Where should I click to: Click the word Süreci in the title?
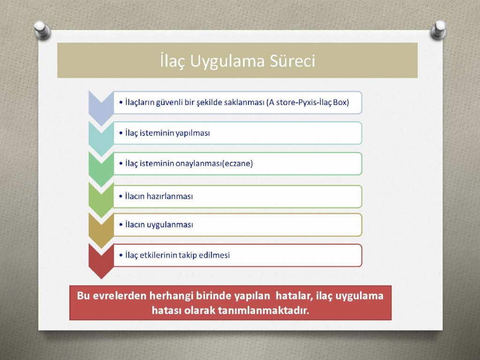coord(292,60)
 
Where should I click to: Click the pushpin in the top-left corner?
coord(42,30)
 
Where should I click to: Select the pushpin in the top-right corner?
coord(438,30)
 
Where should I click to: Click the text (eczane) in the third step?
coord(237,164)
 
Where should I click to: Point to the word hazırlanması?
coord(170,196)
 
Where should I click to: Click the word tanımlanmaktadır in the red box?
coord(263,310)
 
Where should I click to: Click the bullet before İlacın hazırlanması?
coord(121,196)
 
